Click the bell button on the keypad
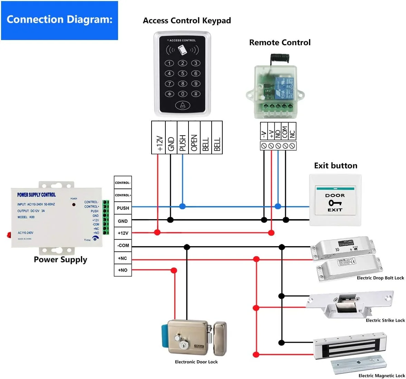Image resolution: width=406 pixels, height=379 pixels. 183,105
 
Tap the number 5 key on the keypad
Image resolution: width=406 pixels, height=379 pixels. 183,74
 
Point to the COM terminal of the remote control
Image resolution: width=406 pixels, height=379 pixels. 285,132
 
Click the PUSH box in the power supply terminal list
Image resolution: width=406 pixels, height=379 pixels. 123,208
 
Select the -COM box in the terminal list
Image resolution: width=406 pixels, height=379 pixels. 123,245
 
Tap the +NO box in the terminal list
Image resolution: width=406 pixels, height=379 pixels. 123,270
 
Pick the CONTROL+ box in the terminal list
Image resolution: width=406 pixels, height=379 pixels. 123,195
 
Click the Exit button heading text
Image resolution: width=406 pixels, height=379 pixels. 336,166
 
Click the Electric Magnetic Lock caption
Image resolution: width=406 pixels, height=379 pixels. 381,376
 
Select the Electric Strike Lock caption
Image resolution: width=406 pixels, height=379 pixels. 385,320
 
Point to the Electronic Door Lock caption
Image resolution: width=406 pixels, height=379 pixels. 196,362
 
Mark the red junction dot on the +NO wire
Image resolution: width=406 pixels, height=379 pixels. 174,270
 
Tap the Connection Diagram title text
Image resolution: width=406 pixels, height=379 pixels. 59,19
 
